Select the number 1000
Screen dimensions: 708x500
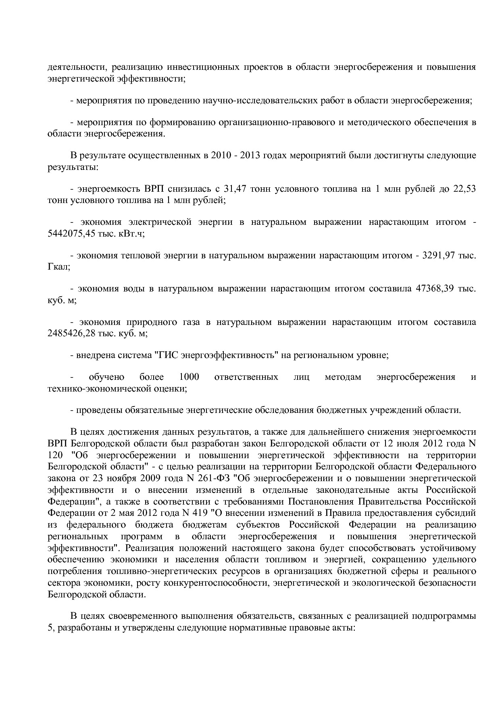[189, 377]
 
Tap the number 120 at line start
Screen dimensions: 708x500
[55, 455]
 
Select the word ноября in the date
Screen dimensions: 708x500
[135, 478]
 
